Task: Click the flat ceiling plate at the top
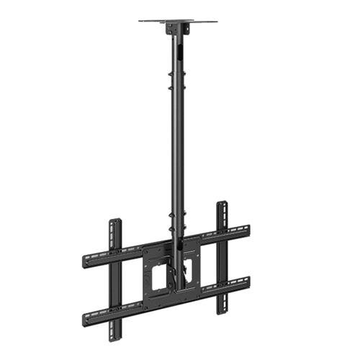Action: (x=177, y=21)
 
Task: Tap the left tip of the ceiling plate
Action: (x=140, y=21)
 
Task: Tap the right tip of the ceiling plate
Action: (x=215, y=21)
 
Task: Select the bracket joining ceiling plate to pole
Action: (x=176, y=29)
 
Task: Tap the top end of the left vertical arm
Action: (x=114, y=221)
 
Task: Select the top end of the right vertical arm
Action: (x=222, y=204)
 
